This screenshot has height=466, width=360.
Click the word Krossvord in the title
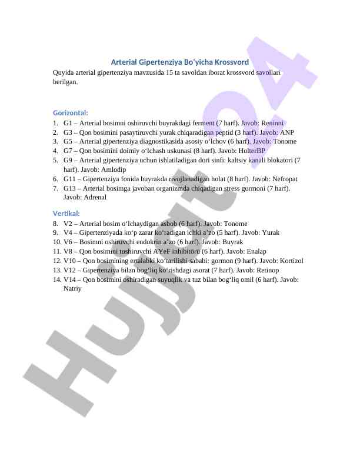[x=231, y=62]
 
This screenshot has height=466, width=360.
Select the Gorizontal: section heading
[x=71, y=112]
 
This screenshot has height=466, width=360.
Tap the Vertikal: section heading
[x=66, y=213]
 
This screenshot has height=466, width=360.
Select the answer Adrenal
[x=94, y=197]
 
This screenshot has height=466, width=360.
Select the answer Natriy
[x=72, y=289]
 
